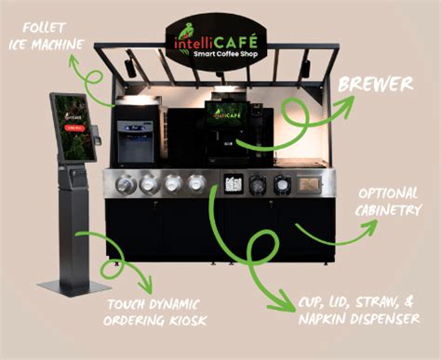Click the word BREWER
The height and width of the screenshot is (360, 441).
point(376,84)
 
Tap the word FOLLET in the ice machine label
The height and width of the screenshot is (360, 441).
point(44,28)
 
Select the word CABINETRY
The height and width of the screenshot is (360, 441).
point(388,210)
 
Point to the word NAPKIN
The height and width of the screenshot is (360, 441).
point(322,319)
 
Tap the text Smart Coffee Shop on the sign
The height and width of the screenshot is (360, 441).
point(225,54)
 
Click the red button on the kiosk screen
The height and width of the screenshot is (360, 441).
point(74,127)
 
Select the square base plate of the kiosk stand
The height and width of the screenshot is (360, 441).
point(73,287)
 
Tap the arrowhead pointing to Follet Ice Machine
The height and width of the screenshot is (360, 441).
point(73,61)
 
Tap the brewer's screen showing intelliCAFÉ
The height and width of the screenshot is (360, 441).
point(227,113)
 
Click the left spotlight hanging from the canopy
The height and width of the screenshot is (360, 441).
point(130,68)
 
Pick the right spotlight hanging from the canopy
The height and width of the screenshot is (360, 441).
point(305,69)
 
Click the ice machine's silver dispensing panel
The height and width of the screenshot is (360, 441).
point(135,141)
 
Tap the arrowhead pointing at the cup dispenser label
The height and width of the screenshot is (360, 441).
point(285,301)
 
